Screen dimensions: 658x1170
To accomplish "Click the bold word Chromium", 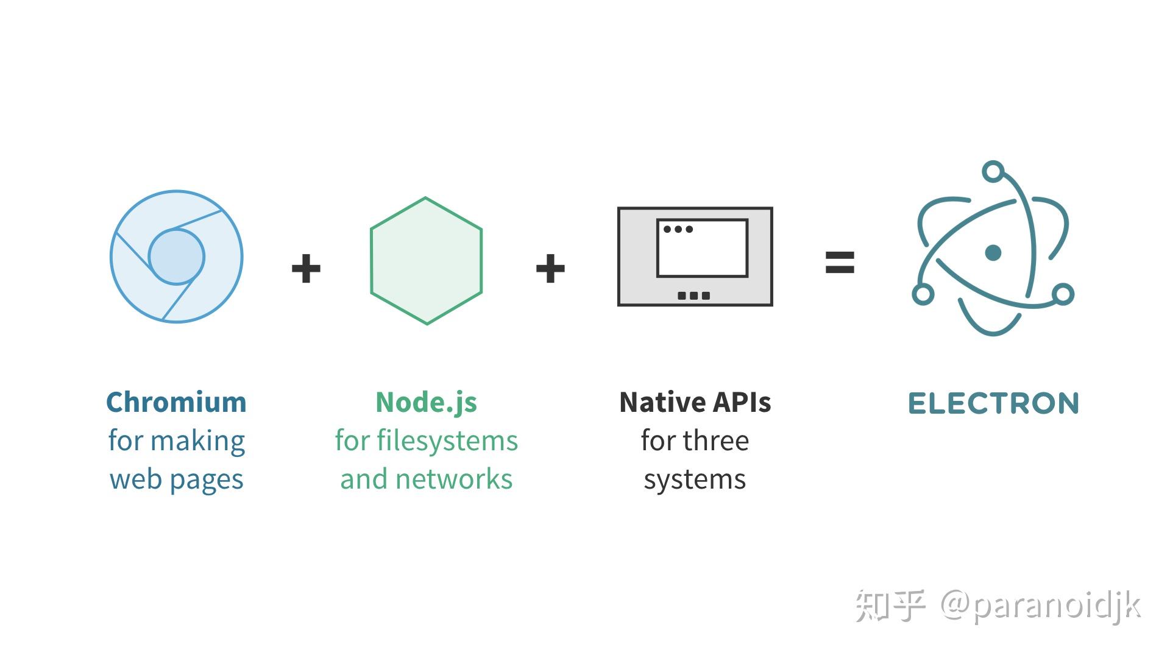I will tap(176, 403).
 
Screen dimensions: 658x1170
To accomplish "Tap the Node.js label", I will tap(426, 403).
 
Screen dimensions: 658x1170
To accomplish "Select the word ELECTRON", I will tap(993, 404).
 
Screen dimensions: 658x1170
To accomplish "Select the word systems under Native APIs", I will tap(695, 479).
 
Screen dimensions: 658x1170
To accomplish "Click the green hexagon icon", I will tap(426, 261).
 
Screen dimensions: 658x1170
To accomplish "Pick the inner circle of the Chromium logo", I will tap(177, 256).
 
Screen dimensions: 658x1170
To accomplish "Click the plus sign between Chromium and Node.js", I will tap(306, 269).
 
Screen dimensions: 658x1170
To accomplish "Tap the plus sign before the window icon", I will tap(550, 269).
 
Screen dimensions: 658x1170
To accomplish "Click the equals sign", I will tap(840, 263).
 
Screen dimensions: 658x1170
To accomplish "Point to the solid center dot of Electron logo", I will tap(993, 252).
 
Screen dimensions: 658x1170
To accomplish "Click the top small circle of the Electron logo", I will tap(993, 171).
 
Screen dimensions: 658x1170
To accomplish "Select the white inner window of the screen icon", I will tap(702, 253).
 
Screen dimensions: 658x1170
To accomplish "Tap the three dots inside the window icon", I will tap(678, 229).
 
